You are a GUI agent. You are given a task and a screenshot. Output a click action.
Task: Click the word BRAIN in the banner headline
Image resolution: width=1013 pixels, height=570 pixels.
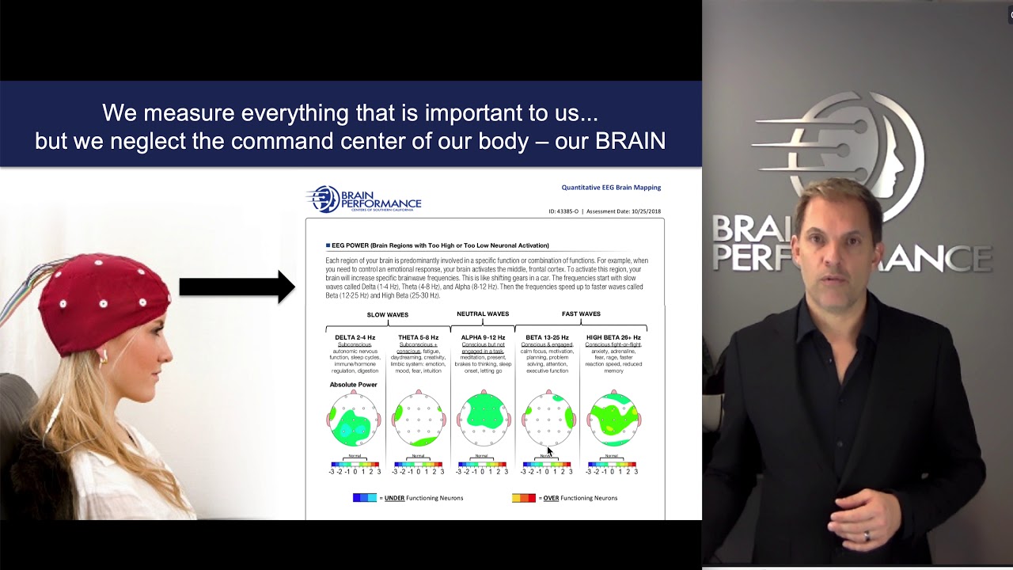(x=630, y=141)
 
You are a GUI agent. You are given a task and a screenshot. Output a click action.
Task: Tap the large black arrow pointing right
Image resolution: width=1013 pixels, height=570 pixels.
(x=237, y=287)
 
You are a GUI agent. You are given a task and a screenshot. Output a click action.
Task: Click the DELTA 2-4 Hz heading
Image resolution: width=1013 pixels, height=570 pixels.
(x=355, y=337)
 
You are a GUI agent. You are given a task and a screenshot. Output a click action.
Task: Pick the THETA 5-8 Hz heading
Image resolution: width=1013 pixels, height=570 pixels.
(x=419, y=337)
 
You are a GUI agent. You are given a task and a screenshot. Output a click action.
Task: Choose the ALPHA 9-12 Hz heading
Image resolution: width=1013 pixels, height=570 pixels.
(x=483, y=337)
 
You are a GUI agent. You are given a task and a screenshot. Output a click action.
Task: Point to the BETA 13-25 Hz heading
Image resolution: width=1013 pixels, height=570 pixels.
(x=547, y=337)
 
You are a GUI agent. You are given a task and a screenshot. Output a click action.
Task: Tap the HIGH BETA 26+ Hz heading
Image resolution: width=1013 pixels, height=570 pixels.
(x=613, y=337)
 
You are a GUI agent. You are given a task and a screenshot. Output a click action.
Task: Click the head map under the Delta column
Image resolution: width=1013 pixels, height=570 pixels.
(x=354, y=420)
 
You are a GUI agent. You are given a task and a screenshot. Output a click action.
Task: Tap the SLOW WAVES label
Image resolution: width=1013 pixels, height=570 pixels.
(x=387, y=314)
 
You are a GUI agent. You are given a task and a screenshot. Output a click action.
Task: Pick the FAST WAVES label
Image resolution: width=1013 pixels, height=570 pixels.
(x=581, y=314)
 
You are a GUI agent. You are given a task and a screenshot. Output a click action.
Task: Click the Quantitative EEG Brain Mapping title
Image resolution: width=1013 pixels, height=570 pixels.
(x=611, y=188)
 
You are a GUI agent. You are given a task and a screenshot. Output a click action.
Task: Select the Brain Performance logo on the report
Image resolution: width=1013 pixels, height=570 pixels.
(x=364, y=199)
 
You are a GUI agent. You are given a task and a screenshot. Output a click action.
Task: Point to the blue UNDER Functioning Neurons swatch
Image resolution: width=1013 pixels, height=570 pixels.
(x=365, y=498)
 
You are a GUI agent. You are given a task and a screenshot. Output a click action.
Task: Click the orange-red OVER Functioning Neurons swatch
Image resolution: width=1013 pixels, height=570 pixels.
(x=524, y=498)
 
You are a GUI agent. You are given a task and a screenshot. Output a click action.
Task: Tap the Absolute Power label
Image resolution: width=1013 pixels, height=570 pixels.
(x=353, y=385)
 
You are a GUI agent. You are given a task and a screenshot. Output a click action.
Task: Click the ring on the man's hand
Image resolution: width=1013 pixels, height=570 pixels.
(x=867, y=536)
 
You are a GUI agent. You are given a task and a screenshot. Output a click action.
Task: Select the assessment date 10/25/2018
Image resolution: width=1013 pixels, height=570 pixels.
(x=643, y=211)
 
